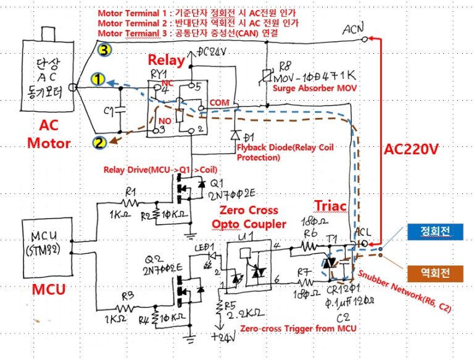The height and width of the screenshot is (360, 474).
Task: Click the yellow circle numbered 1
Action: pos(97,80)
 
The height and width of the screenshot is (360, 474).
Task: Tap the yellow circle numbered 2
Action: pos(99,143)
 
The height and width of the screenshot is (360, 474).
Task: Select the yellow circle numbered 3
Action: pos(106,51)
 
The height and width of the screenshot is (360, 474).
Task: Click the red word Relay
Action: pos(165,61)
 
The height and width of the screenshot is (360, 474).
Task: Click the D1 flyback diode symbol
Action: pos(234,135)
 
